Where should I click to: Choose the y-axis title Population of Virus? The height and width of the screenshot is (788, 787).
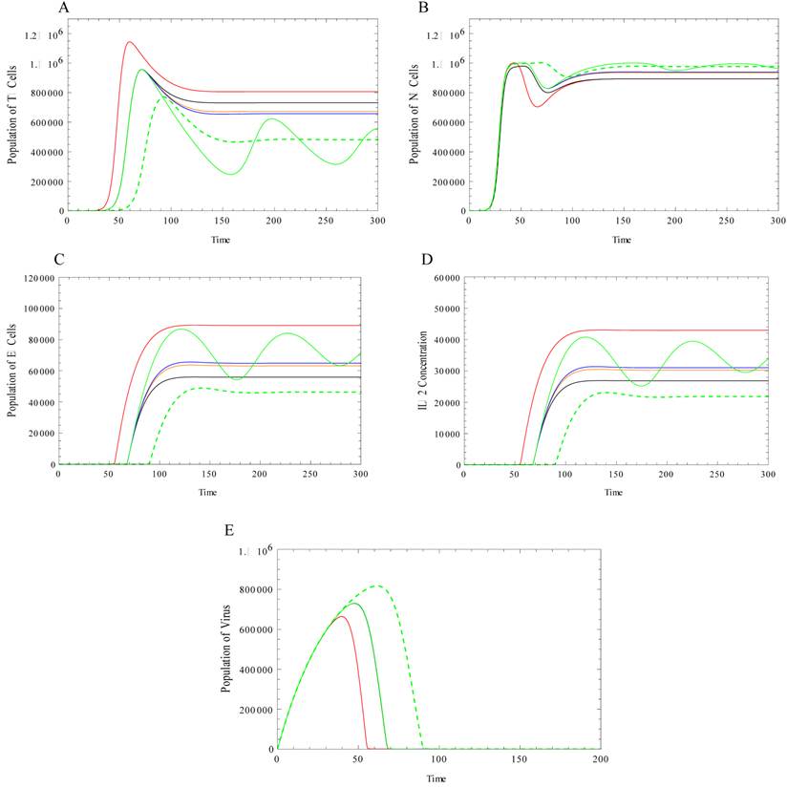227,649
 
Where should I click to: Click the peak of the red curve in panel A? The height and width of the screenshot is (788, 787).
129,41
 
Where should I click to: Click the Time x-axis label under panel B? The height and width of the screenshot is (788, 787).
622,240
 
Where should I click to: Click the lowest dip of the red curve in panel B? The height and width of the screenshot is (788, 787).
538,106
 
